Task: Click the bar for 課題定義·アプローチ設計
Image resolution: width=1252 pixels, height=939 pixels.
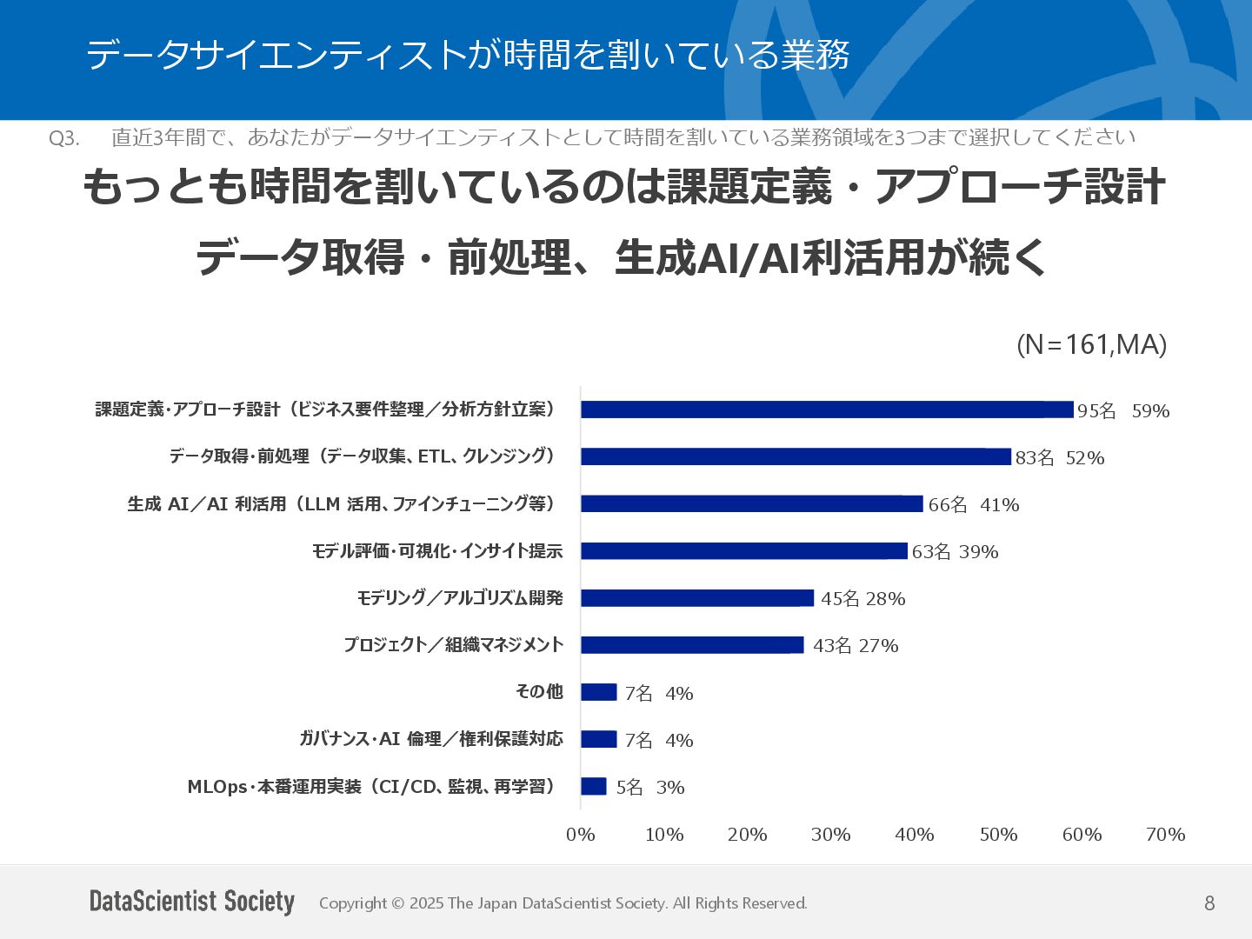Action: click(x=827, y=410)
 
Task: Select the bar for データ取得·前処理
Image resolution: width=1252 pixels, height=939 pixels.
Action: click(x=796, y=456)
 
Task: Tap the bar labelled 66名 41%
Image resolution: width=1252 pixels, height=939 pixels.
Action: click(x=752, y=503)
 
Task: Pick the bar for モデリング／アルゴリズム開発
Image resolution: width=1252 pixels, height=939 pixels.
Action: click(x=697, y=598)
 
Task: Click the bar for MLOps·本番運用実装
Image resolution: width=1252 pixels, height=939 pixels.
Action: click(x=594, y=786)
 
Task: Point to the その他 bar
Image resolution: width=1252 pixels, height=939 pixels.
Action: click(x=599, y=692)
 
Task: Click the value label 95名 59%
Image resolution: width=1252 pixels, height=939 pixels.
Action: click(x=1123, y=411)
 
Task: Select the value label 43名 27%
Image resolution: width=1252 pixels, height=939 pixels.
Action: click(x=856, y=646)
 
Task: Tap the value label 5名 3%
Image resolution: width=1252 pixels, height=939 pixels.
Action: click(x=650, y=788)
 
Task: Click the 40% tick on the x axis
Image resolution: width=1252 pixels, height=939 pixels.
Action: click(x=915, y=835)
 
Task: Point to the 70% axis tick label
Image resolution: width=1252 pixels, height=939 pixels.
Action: click(x=1165, y=835)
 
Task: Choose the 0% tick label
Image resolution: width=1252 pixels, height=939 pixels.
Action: click(x=581, y=835)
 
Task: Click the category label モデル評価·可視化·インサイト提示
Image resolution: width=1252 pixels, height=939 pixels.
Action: click(x=437, y=551)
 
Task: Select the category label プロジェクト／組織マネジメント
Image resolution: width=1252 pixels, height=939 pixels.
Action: click(x=453, y=645)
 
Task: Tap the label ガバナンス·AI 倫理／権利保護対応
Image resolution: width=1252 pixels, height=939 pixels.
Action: click(x=431, y=739)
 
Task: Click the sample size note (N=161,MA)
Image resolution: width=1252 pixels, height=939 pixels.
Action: click(x=1091, y=345)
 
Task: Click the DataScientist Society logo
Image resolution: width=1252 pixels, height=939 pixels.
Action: click(x=192, y=902)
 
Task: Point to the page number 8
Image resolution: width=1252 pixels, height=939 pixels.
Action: click(x=1209, y=903)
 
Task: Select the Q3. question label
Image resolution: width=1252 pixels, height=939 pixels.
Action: click(x=64, y=138)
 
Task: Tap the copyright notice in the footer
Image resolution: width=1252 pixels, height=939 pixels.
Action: click(x=563, y=903)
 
